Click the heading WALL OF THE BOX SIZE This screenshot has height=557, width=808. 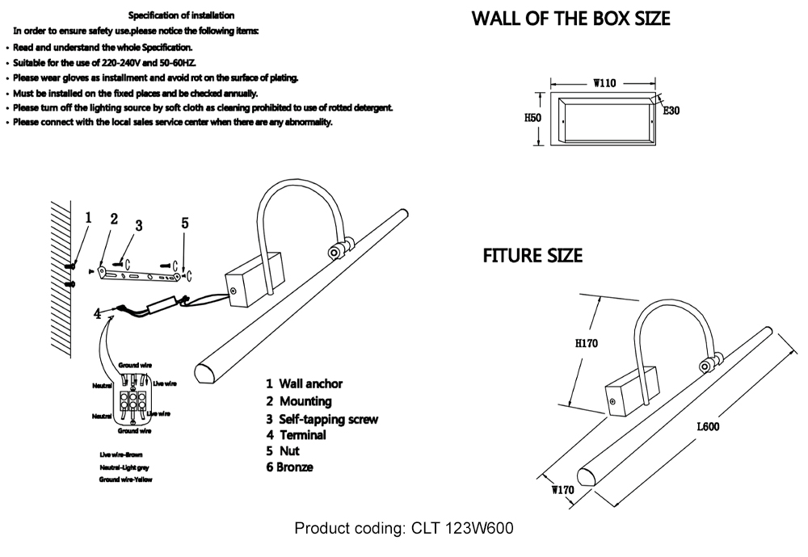coord(571,19)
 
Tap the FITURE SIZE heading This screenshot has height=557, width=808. coord(532,256)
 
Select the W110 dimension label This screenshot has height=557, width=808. coord(605,82)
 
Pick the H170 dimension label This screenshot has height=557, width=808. coord(586,343)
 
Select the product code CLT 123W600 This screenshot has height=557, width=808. coord(404,529)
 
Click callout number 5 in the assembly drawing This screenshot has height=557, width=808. coord(185,223)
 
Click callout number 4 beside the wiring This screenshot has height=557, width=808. coord(98,313)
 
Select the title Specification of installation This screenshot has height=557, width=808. coord(182,15)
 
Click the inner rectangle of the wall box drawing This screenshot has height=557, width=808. coord(605,118)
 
